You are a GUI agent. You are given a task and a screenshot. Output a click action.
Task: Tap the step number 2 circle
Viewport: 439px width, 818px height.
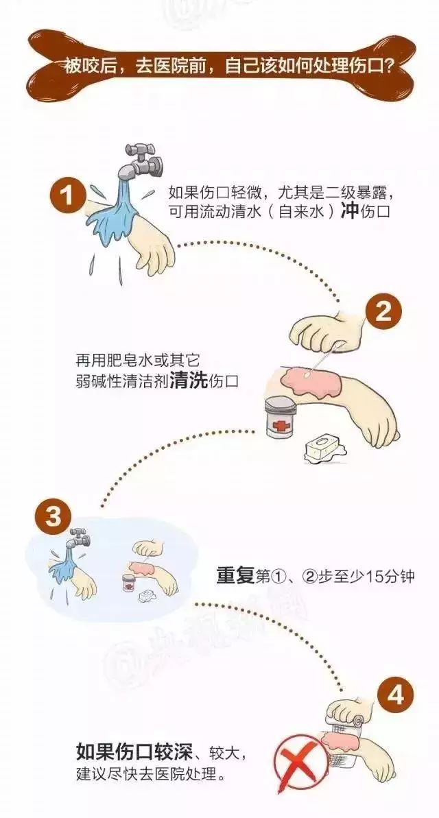coord(383,313)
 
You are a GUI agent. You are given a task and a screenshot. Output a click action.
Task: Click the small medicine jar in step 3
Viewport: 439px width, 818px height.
coord(128,584)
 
